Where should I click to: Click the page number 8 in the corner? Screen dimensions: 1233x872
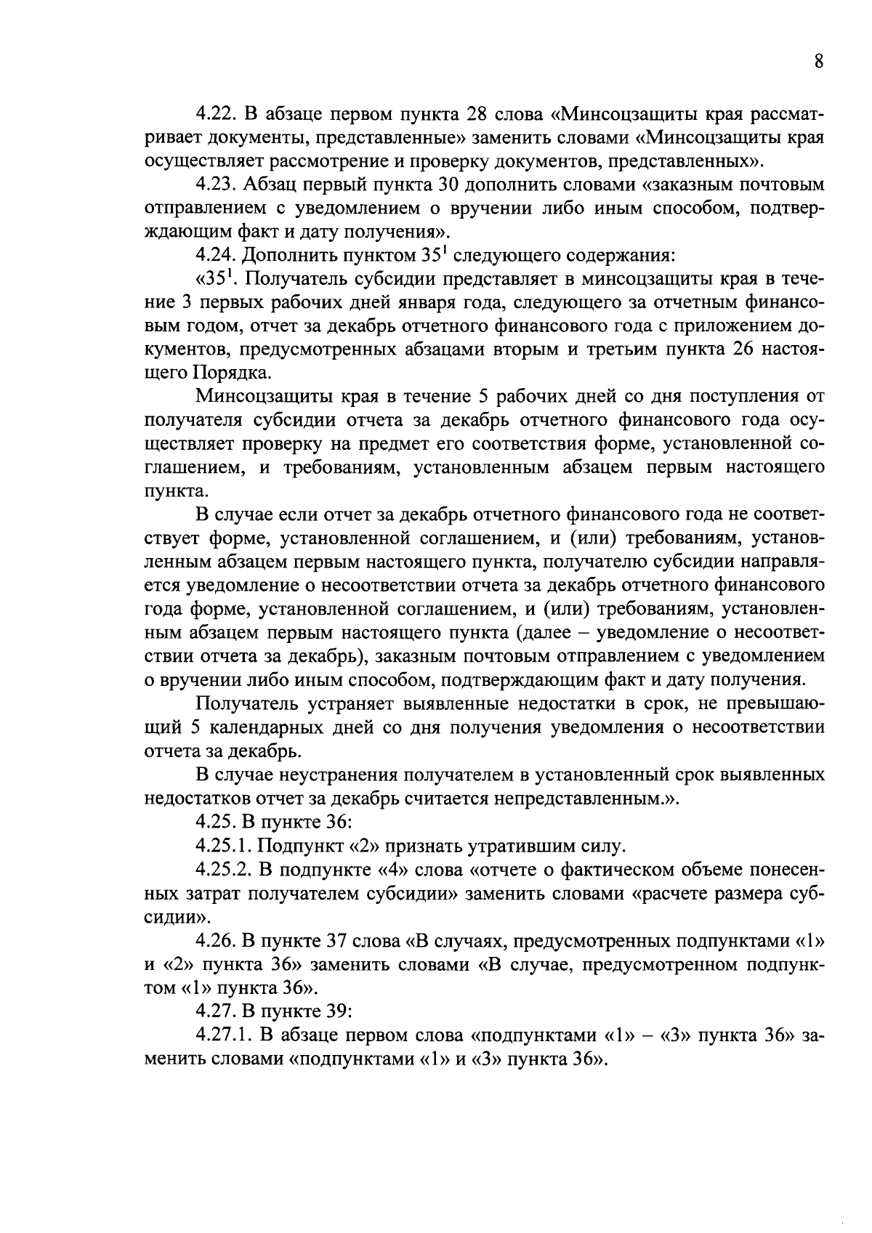(x=818, y=62)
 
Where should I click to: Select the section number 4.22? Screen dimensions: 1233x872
(x=216, y=114)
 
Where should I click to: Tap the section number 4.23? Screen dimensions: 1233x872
(x=216, y=185)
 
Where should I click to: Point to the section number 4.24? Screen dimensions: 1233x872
(x=216, y=255)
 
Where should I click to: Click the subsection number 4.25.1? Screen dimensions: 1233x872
(x=222, y=846)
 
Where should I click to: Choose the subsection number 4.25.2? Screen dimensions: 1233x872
(x=222, y=870)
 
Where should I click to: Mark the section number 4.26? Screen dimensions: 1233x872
(x=216, y=940)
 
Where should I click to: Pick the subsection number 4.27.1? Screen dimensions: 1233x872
(x=222, y=1035)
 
